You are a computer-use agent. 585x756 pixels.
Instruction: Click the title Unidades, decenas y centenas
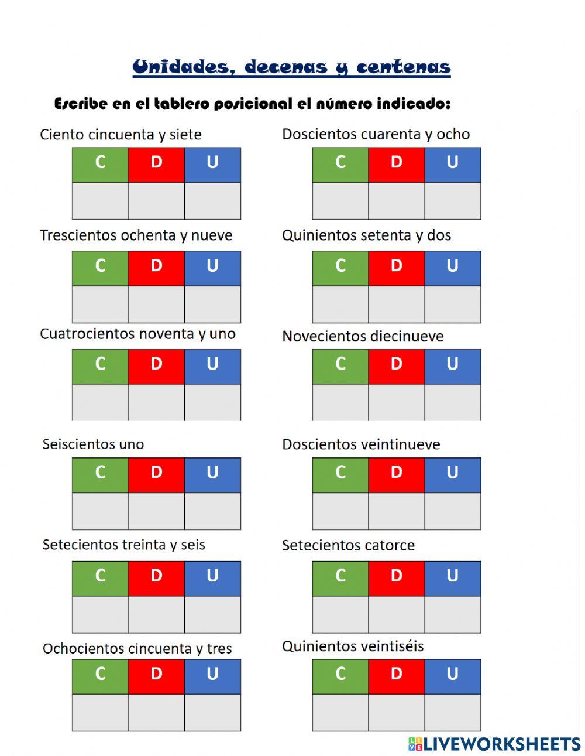pos(291,67)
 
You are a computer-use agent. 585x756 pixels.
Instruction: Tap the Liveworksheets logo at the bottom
pos(494,744)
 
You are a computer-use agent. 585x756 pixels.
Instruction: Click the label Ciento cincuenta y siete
pos(121,135)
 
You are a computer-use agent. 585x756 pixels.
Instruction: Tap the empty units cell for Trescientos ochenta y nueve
pos(212,304)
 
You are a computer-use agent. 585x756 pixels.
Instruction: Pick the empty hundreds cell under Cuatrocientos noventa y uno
pos(100,402)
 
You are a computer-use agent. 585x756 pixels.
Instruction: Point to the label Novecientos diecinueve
pos(363,337)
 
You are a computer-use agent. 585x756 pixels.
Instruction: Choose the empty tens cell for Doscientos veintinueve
pos(397,511)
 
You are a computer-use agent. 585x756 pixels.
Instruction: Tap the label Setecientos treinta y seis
pos(123,545)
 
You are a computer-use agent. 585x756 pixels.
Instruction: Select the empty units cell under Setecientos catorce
pos(453,614)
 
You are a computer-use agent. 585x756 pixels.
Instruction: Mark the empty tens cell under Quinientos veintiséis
pos(397,712)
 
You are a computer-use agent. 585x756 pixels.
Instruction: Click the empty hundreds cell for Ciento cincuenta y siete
pos(100,201)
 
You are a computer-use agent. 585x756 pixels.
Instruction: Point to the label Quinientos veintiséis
pos(353,646)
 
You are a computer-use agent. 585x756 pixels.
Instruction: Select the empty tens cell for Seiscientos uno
pos(156,511)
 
